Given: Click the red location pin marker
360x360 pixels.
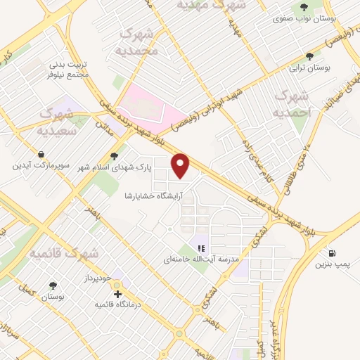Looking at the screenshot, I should [x=181, y=165].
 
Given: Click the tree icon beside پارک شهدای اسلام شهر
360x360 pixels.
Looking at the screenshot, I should [x=115, y=156].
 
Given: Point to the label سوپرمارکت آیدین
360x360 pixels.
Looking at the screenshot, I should [x=40, y=166].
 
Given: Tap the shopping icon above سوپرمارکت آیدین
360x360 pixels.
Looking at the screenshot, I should [x=41, y=154].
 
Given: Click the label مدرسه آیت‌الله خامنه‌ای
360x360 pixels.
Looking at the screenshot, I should [x=202, y=259].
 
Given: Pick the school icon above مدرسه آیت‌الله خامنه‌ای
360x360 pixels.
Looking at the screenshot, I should [x=202, y=247].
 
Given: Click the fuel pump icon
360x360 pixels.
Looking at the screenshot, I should [x=331, y=252].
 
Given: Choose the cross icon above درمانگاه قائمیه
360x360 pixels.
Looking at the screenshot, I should [x=117, y=293].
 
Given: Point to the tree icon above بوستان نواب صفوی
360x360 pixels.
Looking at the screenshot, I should [x=304, y=8].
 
